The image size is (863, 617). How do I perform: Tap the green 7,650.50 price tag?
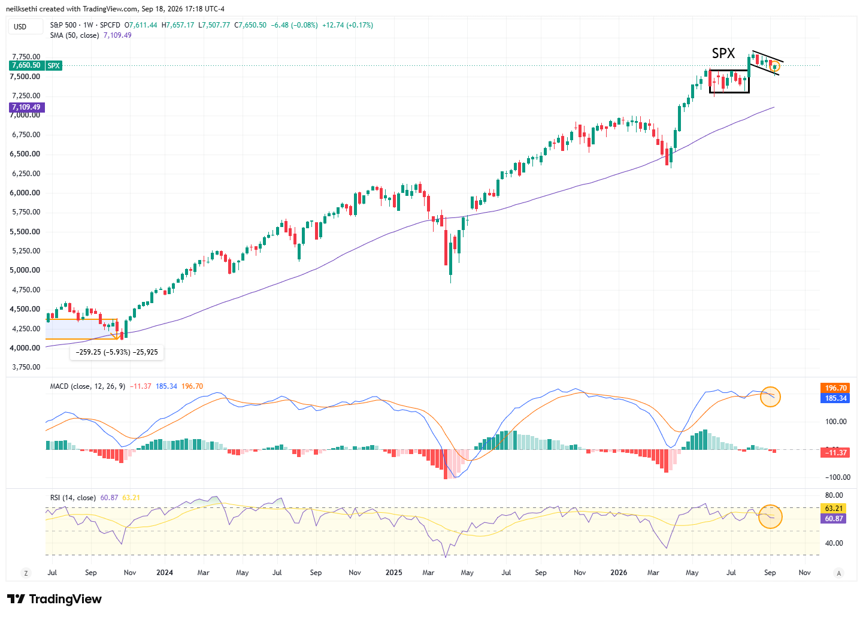click(x=26, y=65)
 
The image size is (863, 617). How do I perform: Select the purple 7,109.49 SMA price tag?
click(x=26, y=107)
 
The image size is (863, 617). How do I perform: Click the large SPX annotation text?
click(x=723, y=53)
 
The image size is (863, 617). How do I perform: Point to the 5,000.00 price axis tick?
click(x=25, y=270)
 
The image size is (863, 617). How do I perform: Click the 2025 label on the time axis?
click(x=393, y=572)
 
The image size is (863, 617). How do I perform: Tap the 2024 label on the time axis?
click(x=165, y=572)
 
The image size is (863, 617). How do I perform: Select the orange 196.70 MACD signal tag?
click(x=835, y=388)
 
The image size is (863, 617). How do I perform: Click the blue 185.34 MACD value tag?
click(x=835, y=398)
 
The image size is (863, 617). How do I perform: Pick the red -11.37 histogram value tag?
click(x=835, y=452)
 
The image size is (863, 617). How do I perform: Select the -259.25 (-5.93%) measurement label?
click(x=117, y=352)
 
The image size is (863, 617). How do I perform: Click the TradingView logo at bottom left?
click(x=54, y=598)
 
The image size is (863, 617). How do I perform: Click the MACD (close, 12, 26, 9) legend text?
click(x=87, y=386)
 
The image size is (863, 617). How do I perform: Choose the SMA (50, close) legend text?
click(x=74, y=35)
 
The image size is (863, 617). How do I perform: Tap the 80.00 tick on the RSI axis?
click(x=834, y=495)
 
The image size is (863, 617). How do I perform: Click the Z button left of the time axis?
click(x=26, y=573)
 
